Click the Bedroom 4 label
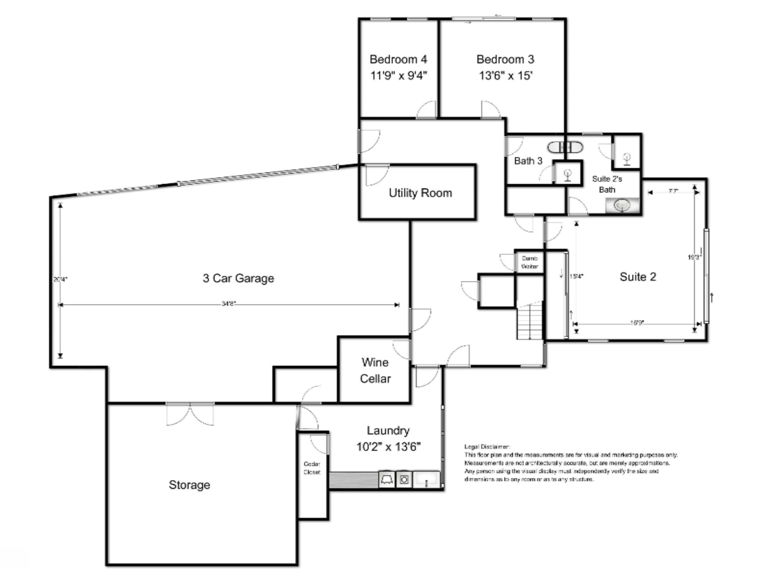coord(398,59)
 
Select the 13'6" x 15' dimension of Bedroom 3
coord(505,75)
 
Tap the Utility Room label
coord(420,193)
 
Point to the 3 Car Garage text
coord(238,278)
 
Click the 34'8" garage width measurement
coord(229,304)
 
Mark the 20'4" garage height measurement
coord(60,279)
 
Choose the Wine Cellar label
coord(375,370)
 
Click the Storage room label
coord(189,485)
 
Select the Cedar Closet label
coord(312,468)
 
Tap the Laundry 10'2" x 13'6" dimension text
coord(389,446)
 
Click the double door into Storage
coord(190,414)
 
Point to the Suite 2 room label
coord(638,277)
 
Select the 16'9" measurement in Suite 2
coord(637,323)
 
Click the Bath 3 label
coord(528,161)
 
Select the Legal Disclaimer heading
coord(487,446)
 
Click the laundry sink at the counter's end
coord(426,480)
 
